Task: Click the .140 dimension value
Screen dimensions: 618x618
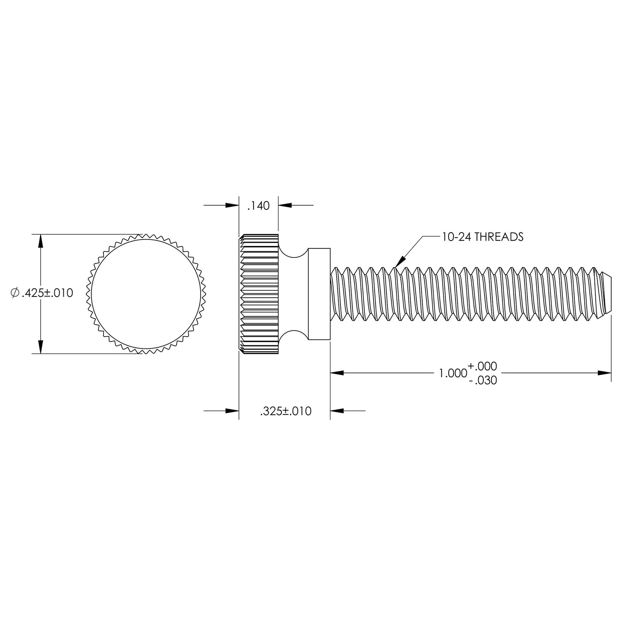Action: click(x=258, y=206)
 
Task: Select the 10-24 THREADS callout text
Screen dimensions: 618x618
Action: click(x=482, y=237)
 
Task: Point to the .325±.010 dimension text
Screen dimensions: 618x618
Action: click(x=285, y=411)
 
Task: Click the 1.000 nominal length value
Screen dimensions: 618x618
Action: click(x=452, y=373)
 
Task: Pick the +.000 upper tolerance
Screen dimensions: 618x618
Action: click(x=482, y=366)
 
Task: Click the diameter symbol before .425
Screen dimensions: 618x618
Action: click(x=15, y=293)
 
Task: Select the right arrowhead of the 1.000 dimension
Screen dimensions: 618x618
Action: click(x=605, y=373)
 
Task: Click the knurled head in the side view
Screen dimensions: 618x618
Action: click(x=258, y=294)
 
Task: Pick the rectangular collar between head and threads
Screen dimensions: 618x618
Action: click(x=319, y=294)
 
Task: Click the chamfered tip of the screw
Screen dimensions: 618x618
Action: click(x=606, y=294)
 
